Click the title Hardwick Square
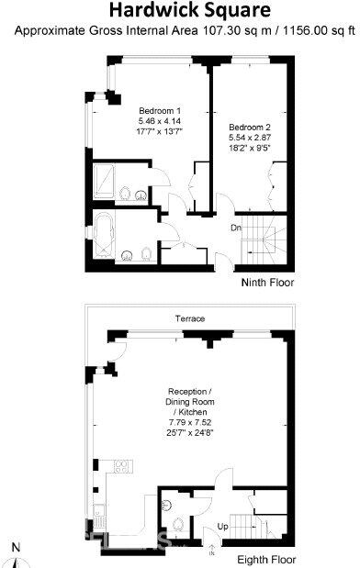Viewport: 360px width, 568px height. (x=190, y=11)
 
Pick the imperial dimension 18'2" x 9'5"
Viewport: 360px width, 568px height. (x=249, y=145)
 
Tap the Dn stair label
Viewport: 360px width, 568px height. (x=236, y=228)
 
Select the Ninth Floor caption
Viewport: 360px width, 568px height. (x=267, y=283)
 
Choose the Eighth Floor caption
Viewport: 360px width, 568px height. (x=264, y=558)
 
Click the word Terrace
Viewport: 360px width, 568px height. (x=190, y=318)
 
